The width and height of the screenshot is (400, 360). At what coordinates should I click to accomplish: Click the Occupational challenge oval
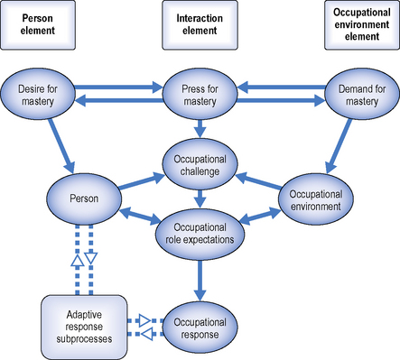(200, 165)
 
